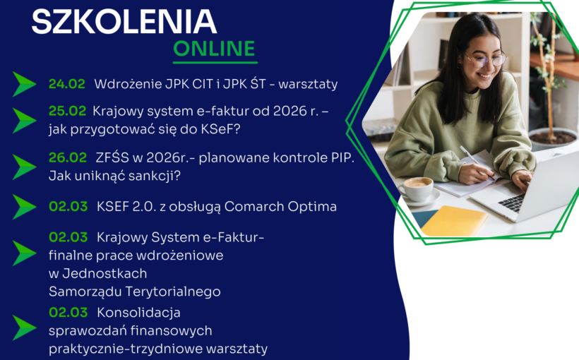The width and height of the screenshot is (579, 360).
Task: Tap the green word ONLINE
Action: pos(215,49)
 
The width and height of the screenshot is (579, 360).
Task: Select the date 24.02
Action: pos(66,84)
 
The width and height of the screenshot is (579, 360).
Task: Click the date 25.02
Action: pos(67,111)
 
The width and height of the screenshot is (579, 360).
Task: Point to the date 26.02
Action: pos(67,157)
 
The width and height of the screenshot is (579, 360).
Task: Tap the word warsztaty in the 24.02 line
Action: pos(308,84)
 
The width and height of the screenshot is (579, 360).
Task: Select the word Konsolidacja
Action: pos(138,312)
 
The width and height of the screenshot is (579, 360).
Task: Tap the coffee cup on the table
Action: pos(417,187)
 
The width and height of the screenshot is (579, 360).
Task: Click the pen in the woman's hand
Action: pos(468,155)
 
